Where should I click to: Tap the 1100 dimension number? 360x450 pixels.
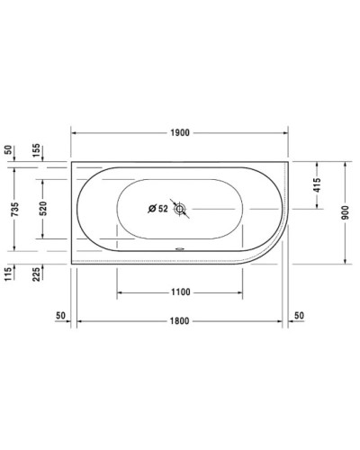(x=180, y=292)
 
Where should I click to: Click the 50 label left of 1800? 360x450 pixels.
(x=60, y=317)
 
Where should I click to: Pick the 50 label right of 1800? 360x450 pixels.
(x=298, y=317)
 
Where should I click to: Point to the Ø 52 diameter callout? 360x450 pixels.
(x=157, y=210)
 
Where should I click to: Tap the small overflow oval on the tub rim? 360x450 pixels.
(x=180, y=251)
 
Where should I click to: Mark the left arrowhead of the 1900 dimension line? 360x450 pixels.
(x=76, y=131)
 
